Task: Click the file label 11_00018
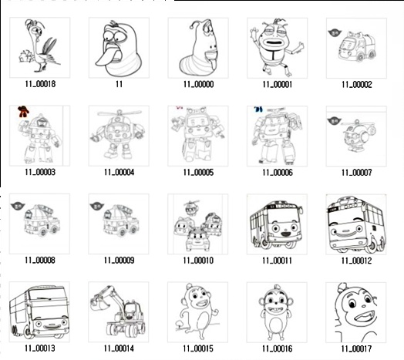(40, 84)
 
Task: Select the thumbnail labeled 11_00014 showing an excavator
(119, 312)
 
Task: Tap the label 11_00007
(357, 173)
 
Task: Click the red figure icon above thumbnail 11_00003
(23, 111)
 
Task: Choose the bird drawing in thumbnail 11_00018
(40, 46)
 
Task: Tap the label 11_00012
(356, 261)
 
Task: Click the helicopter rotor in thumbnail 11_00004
(120, 113)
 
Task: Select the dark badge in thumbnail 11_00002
(335, 32)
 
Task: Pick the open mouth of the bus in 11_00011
(285, 234)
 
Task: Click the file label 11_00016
(278, 348)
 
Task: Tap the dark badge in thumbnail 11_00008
(18, 206)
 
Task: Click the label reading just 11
(119, 84)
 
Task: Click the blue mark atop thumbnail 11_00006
(258, 109)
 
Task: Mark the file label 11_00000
(198, 84)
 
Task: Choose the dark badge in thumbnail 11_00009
(96, 206)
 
